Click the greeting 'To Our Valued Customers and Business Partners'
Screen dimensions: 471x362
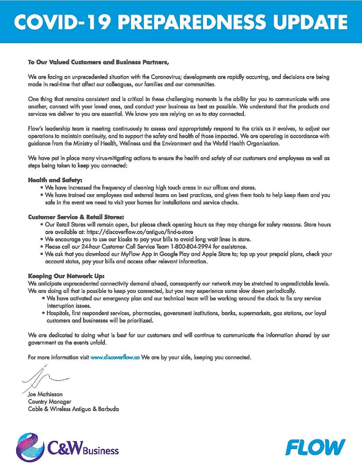99,63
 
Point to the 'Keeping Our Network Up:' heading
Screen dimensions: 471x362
60,275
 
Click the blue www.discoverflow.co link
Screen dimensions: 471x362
115,358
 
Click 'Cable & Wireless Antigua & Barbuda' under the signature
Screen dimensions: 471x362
73,409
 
